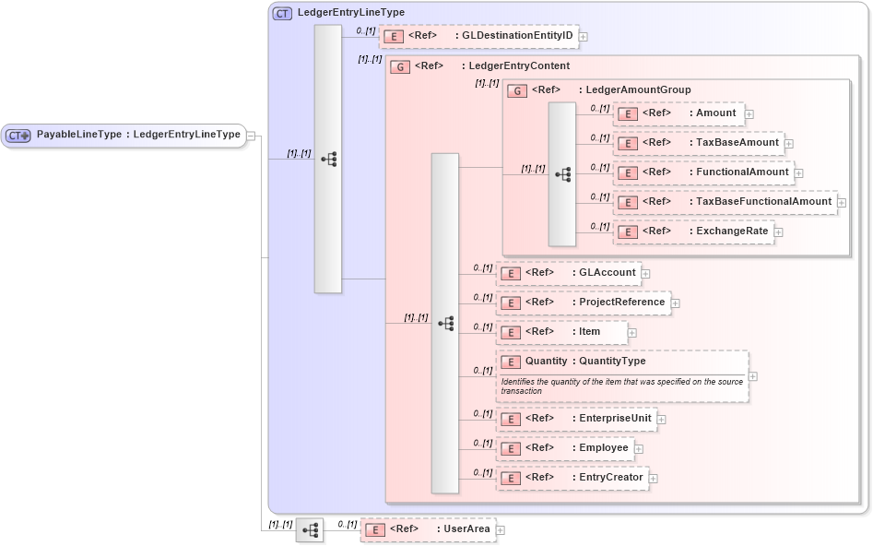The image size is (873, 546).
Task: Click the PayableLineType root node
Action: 124,135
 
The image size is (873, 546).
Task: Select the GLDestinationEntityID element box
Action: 479,36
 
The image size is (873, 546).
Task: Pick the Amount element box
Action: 678,113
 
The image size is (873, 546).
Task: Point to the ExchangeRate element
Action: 694,231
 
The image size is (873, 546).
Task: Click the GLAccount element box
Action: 569,273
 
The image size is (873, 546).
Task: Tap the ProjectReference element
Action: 583,303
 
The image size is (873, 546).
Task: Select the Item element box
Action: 561,332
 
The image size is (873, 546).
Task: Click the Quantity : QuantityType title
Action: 584,362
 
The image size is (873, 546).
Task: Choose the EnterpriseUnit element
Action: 576,419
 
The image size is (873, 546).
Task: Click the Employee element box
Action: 564,448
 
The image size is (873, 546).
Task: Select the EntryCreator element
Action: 572,478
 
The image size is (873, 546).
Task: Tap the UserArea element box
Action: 428,529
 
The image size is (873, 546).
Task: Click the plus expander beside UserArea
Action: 501,530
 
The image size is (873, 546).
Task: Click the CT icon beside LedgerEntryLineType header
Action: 282,13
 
